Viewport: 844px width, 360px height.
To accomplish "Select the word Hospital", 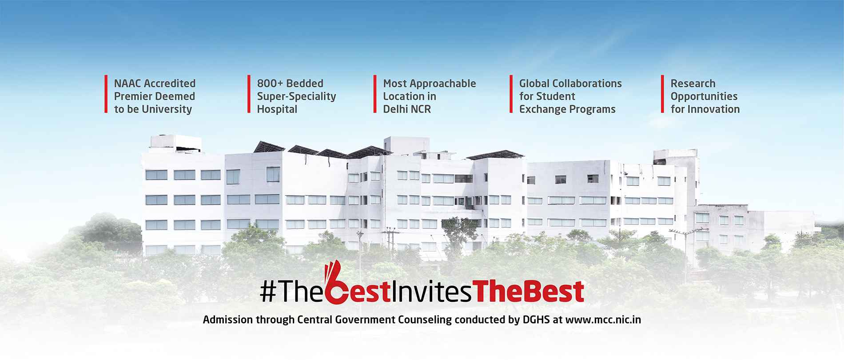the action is click(277, 109).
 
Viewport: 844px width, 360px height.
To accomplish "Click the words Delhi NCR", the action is click(407, 109).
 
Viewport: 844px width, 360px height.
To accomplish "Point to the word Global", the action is click(534, 84).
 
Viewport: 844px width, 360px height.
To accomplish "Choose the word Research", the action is click(693, 84).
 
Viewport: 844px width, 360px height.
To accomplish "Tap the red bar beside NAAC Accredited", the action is click(106, 94).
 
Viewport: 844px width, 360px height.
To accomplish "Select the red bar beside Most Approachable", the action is click(375, 94).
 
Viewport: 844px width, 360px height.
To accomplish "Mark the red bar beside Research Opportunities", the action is click(662, 94).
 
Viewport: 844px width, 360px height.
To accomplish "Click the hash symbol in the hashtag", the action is click(267, 292).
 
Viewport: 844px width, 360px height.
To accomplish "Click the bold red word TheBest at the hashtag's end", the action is click(529, 291).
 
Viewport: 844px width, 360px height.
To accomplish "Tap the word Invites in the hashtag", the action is click(430, 291).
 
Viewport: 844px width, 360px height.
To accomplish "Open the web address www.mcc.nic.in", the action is click(603, 320).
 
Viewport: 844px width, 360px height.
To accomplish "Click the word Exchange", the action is click(541, 109).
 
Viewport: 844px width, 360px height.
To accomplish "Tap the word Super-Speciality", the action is click(296, 96).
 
